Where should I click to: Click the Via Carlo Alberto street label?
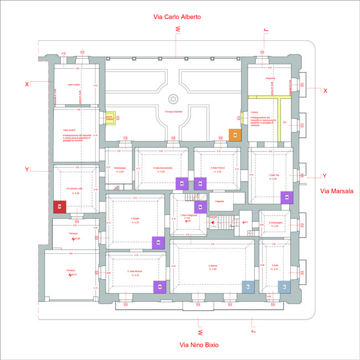[177, 17]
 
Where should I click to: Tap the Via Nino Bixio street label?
[199, 344]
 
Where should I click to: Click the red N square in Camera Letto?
[59, 207]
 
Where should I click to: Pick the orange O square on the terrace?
[235, 135]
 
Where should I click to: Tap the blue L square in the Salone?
[248, 286]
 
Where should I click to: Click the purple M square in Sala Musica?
[160, 286]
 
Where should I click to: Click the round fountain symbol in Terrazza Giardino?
[173, 99]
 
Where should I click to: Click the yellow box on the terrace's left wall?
[110, 118]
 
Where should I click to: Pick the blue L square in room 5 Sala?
[283, 286]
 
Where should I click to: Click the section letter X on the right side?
[326, 90]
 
